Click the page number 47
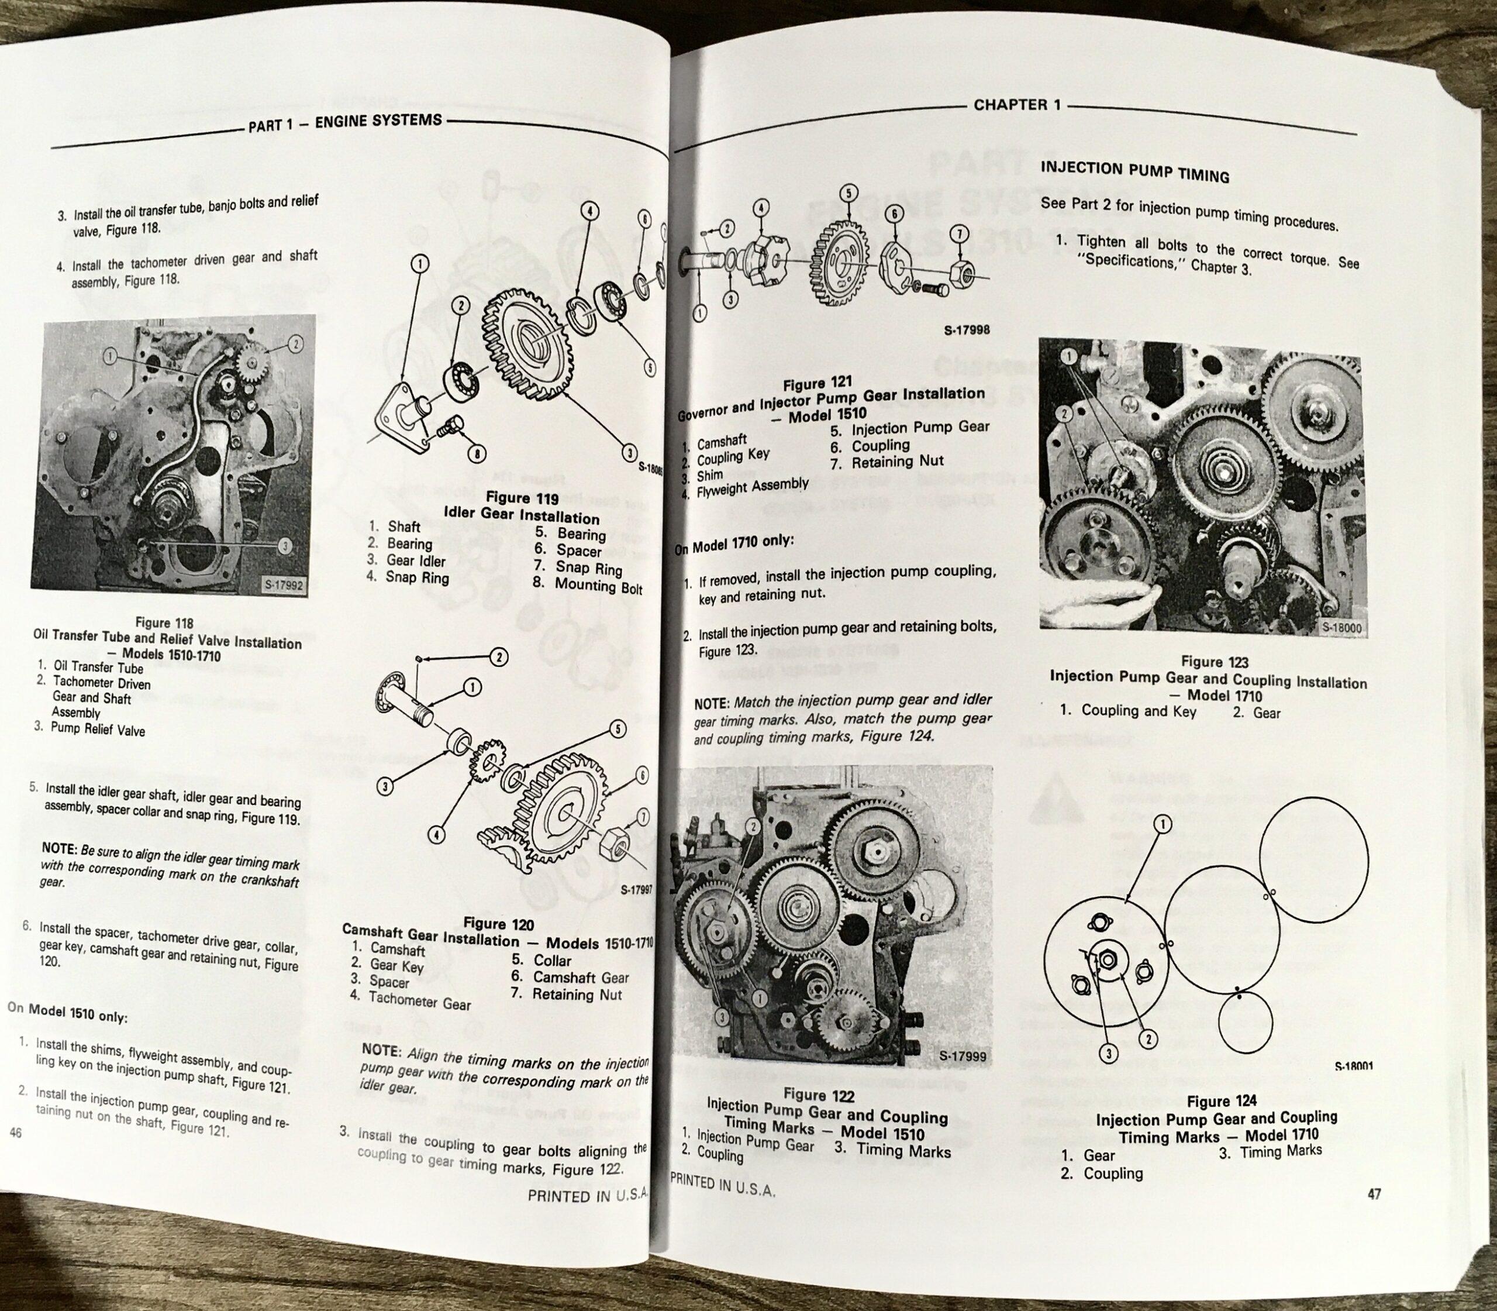pyautogui.click(x=1374, y=1194)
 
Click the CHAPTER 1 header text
pyautogui.click(x=1016, y=105)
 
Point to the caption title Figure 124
pyautogui.click(x=1222, y=1100)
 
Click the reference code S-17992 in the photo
pyautogui.click(x=286, y=583)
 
